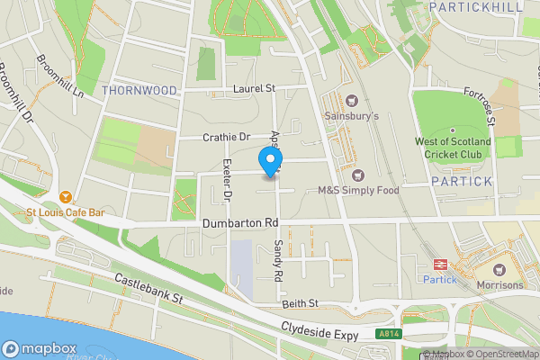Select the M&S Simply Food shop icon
pos(359,175)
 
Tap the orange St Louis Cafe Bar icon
pos(65,196)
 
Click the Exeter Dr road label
pos(227,179)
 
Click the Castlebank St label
pos(149,289)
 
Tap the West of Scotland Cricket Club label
pos(453,148)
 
